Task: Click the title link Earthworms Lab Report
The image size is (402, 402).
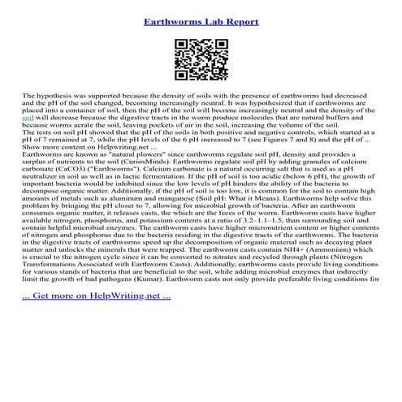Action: click(x=201, y=21)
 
